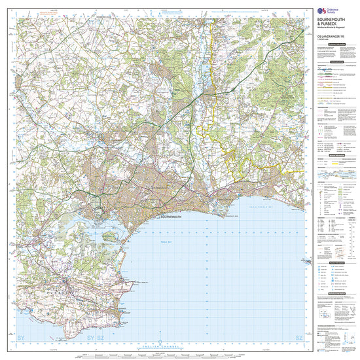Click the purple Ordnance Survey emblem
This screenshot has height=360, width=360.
point(321,10)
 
